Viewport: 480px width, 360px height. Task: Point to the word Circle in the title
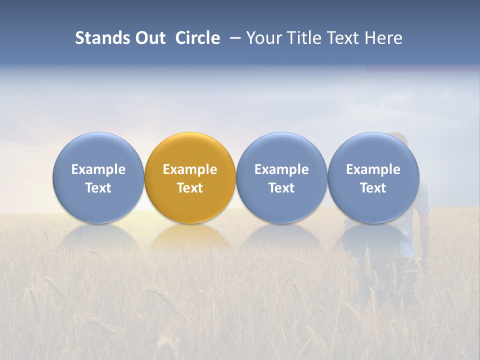click(x=197, y=38)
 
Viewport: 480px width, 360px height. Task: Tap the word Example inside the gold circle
click(x=190, y=169)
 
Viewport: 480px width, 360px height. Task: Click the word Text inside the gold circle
click(x=190, y=188)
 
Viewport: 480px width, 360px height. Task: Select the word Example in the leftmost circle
click(x=98, y=169)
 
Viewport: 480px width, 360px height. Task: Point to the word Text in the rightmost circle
click(x=373, y=188)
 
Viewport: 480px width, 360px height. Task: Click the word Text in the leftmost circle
click(x=98, y=188)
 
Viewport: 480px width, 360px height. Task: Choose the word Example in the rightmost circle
click(x=373, y=169)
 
